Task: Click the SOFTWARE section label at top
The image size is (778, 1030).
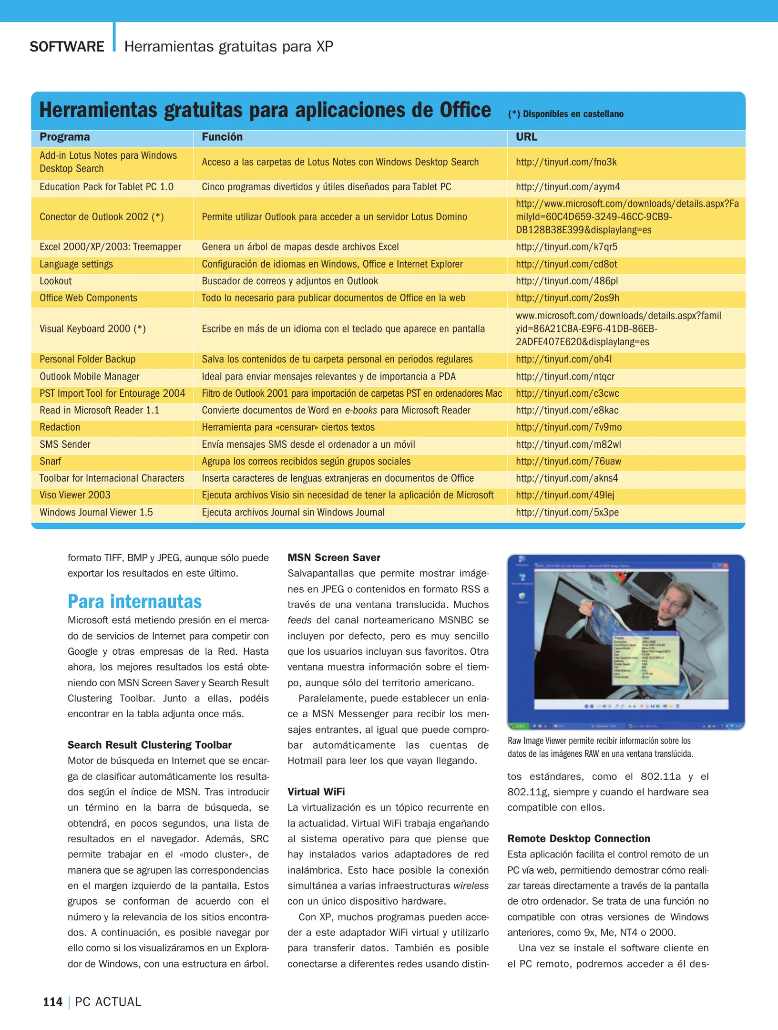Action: pyautogui.click(x=67, y=47)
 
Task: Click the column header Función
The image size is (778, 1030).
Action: pyautogui.click(x=222, y=137)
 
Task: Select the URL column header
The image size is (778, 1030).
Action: pyautogui.click(x=526, y=137)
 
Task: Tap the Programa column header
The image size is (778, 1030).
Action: pyautogui.click(x=64, y=137)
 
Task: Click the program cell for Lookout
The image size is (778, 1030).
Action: pyautogui.click(x=56, y=281)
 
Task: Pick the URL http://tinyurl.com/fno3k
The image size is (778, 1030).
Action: pyautogui.click(x=566, y=162)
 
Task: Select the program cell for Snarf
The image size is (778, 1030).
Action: pyautogui.click(x=51, y=462)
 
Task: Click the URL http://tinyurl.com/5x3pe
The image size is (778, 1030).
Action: pyautogui.click(x=567, y=513)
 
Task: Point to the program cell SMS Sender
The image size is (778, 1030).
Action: pyautogui.click(x=65, y=444)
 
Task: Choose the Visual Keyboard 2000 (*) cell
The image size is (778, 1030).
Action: pyautogui.click(x=92, y=329)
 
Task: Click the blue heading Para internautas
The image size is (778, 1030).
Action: pyautogui.click(x=134, y=602)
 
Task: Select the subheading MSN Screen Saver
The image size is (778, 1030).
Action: pyautogui.click(x=334, y=557)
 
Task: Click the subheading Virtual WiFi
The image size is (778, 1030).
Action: pyautogui.click(x=316, y=792)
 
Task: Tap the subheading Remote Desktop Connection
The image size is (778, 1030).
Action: pyautogui.click(x=578, y=838)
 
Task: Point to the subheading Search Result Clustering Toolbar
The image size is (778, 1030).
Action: pyautogui.click(x=149, y=745)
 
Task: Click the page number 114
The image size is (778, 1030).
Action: pyautogui.click(x=53, y=1002)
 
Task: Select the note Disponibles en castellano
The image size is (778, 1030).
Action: pyautogui.click(x=566, y=114)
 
